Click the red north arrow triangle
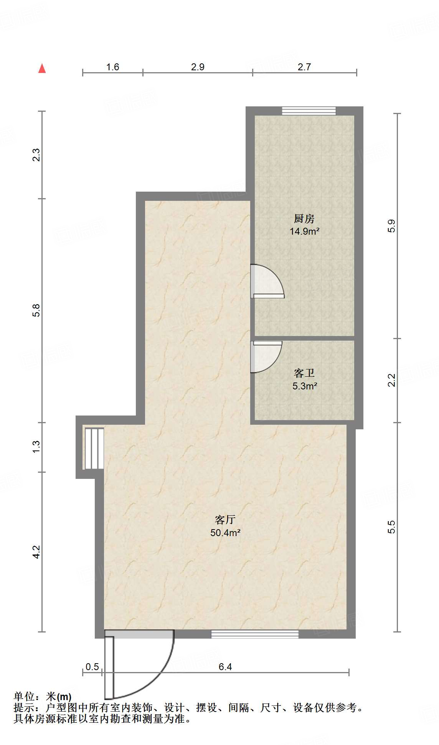pos(42,69)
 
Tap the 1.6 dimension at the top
pos(112,67)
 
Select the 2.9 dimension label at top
pos(198,67)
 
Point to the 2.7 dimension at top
pos(304,67)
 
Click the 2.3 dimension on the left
pos(36,154)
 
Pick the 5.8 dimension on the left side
pos(36,310)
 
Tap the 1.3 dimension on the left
pos(36,446)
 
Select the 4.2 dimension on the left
pos(36,552)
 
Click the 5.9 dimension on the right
pos(391,225)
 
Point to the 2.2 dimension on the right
pos(391,380)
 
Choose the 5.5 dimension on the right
pos(391,527)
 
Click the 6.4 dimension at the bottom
pos(225,667)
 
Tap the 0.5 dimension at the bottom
pos(92,667)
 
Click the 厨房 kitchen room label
pos(304,219)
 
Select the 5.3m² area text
pos(305,386)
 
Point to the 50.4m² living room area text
pos(225,533)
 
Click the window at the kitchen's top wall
pos(309,111)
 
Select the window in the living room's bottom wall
pos(255,634)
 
